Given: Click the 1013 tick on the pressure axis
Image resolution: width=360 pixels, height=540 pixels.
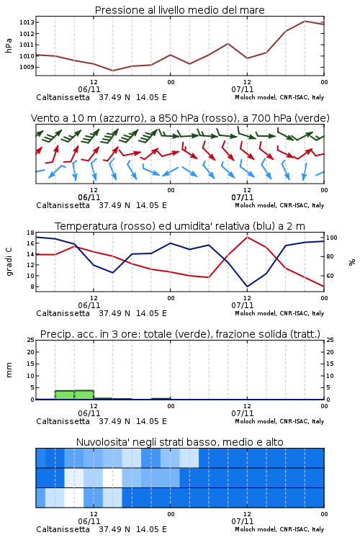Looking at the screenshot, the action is [27, 22].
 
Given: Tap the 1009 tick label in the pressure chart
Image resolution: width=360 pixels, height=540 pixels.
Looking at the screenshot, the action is [27, 67].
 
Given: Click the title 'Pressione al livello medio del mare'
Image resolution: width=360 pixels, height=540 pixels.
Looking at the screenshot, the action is [180, 10].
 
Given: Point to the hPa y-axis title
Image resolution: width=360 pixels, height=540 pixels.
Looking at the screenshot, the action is [9, 45].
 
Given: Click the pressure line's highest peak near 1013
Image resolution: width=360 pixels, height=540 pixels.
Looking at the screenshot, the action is [305, 21].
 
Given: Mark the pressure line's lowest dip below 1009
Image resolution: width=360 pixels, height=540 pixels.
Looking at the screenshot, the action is [112, 71].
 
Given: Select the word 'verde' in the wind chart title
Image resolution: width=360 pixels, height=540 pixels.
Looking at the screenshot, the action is [312, 119].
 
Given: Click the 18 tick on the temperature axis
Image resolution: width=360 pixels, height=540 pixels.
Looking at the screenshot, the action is [30, 233].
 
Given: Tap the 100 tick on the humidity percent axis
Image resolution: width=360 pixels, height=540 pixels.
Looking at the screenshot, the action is [332, 238].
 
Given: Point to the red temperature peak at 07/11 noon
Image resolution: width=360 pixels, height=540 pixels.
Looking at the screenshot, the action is [247, 237].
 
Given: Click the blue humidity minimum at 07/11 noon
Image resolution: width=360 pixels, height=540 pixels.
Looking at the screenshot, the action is [247, 287].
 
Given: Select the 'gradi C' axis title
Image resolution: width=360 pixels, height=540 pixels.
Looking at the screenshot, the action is [9, 261].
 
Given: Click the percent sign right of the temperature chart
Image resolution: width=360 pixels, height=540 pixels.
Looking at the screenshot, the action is [352, 262].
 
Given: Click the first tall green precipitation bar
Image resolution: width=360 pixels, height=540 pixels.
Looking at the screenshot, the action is [65, 395].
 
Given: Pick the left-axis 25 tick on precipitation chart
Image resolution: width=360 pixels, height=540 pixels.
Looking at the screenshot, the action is [30, 341].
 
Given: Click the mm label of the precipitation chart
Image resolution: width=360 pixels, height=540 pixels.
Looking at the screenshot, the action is [9, 370].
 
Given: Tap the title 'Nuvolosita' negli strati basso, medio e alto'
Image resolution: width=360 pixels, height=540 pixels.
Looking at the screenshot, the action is [180, 442].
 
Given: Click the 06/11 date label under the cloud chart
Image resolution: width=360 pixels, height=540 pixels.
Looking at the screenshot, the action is [89, 521].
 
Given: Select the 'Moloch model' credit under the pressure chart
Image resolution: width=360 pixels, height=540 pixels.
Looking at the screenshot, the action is [256, 97].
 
